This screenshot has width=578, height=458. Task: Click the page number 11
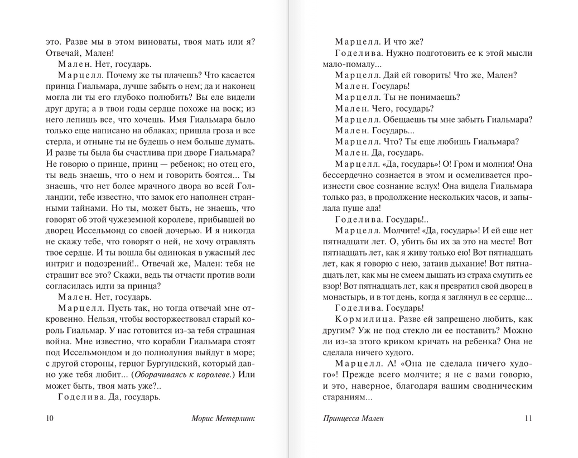(528, 417)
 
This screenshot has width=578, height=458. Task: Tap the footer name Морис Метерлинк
(222, 417)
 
